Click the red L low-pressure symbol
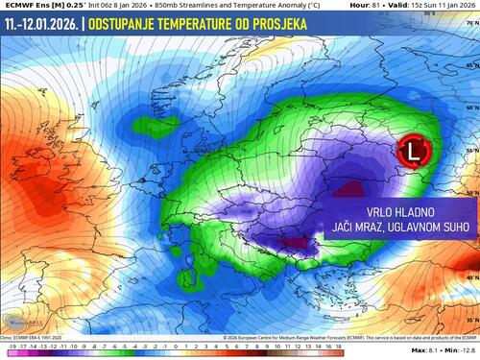point(414,151)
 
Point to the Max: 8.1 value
point(426,352)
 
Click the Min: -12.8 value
point(460,352)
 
